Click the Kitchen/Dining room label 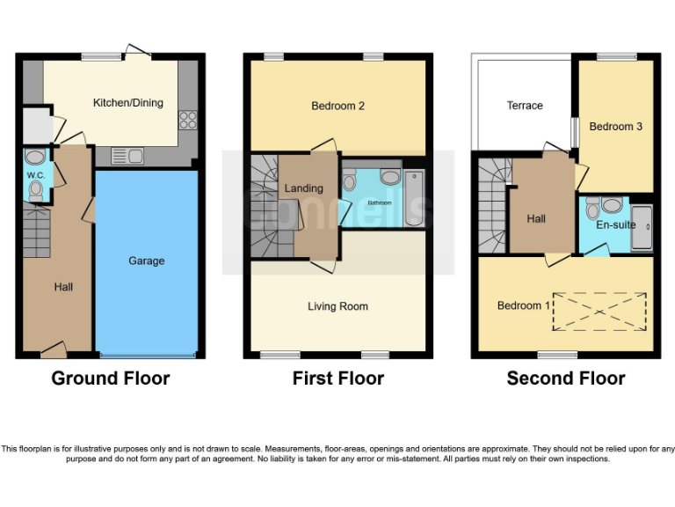[x=128, y=103]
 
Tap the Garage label [x=146, y=261]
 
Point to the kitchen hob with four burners [x=187, y=119]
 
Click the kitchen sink [x=128, y=157]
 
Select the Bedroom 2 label [x=337, y=107]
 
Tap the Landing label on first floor [x=303, y=188]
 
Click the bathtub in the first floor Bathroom [x=413, y=198]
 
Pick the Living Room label [x=337, y=306]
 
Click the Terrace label [x=525, y=106]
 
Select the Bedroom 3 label [x=615, y=127]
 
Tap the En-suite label [x=615, y=225]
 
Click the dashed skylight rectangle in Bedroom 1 [x=599, y=311]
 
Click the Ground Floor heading [x=111, y=378]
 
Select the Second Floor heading [x=566, y=378]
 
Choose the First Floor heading [x=338, y=378]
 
